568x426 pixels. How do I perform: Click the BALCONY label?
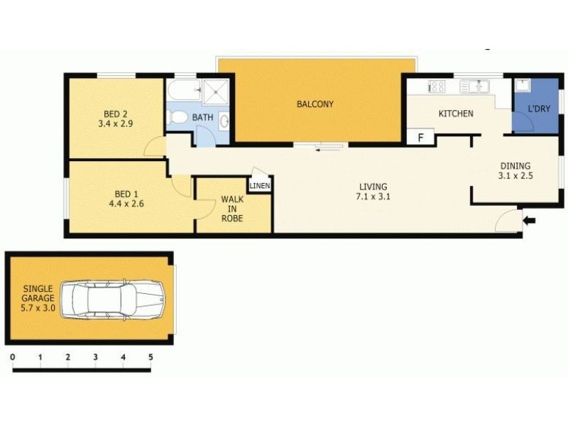[x=315, y=104]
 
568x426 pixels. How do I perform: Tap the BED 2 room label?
[x=115, y=114]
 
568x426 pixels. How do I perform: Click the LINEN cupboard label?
[x=259, y=186]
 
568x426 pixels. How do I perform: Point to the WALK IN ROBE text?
[x=232, y=209]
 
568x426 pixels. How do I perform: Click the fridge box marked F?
[x=420, y=137]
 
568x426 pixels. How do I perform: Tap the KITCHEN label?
[x=455, y=114]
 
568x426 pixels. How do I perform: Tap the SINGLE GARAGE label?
[x=38, y=298]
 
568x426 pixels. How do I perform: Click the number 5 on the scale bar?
[x=151, y=357]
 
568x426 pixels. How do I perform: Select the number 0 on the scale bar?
[x=13, y=357]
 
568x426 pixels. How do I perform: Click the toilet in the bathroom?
[x=178, y=117]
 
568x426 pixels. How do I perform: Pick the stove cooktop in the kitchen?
[x=435, y=87]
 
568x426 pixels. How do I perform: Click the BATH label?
[x=202, y=117]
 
